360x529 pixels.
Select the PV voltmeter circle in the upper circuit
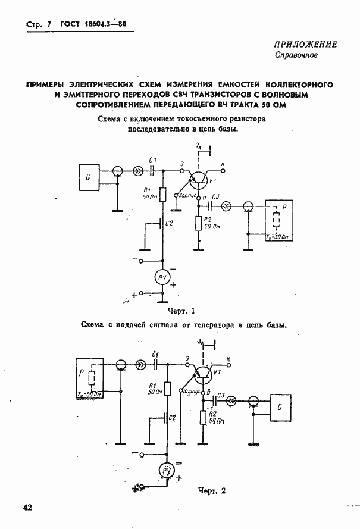(162, 277)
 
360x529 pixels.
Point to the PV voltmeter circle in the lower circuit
(167, 471)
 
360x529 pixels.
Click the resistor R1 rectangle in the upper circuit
(161, 193)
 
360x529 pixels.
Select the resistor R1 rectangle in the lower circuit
(167, 389)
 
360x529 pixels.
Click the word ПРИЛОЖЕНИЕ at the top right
(306, 45)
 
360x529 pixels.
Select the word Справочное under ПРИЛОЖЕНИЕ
(296, 57)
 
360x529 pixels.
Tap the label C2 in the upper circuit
(170, 223)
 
